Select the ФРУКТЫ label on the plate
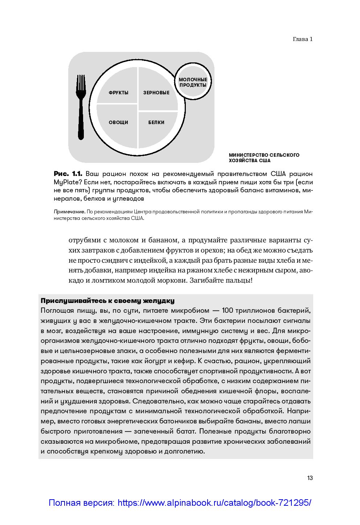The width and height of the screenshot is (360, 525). (x=119, y=93)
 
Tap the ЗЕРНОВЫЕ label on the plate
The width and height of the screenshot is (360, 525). (x=156, y=93)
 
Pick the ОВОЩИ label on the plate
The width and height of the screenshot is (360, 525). (x=119, y=123)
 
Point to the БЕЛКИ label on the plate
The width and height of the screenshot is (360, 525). (x=156, y=123)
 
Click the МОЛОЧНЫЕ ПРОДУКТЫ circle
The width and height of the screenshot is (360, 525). (x=193, y=82)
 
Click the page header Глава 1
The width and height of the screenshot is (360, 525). (x=302, y=39)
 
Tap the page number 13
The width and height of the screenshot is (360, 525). (x=310, y=478)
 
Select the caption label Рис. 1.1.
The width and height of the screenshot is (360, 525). (x=68, y=174)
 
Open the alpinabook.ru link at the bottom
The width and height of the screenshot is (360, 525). (x=180, y=503)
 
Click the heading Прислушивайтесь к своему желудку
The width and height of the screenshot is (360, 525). (x=107, y=301)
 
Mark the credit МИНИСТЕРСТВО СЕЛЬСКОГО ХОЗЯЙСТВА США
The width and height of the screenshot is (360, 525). (x=264, y=158)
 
